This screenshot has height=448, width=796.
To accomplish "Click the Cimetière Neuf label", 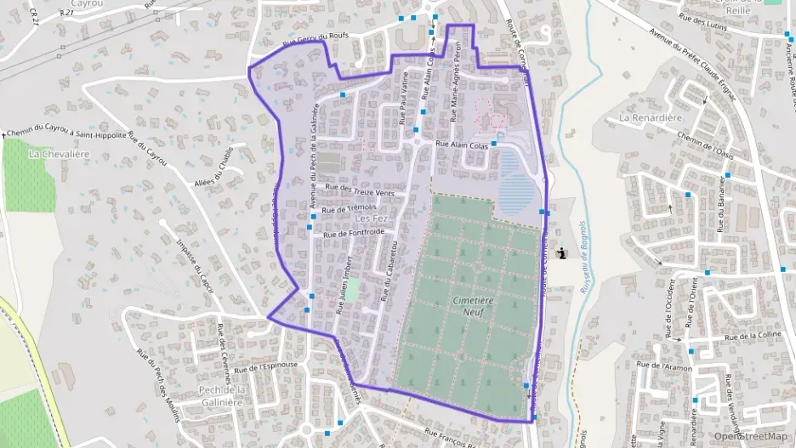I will (473, 306).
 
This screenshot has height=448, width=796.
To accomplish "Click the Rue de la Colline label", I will (748, 337).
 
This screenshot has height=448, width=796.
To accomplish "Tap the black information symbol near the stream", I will (561, 252).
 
